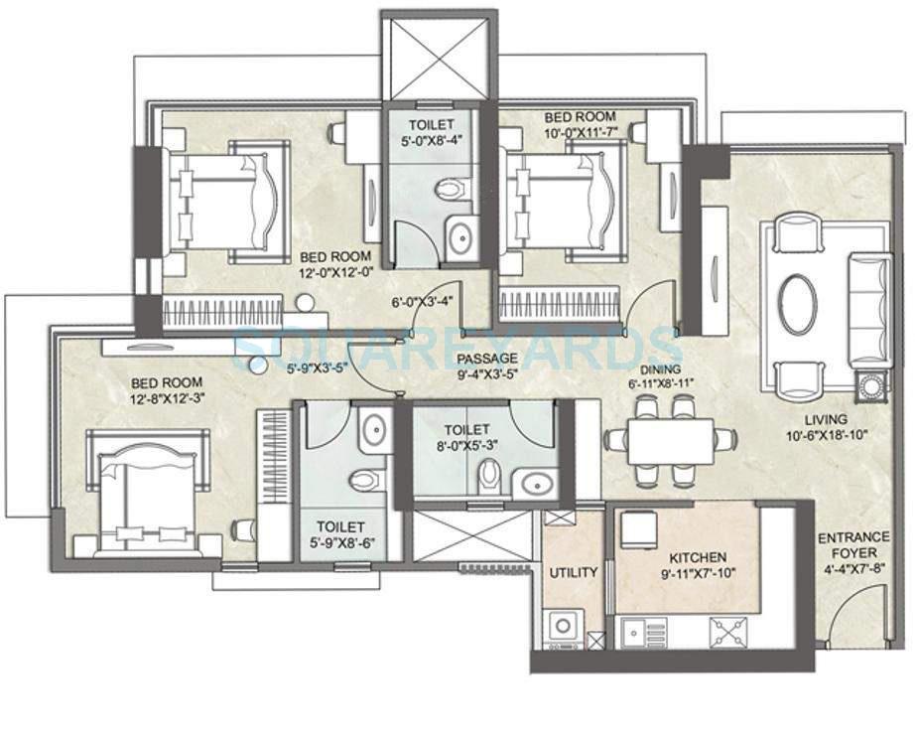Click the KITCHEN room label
(x=697, y=557)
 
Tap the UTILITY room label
(x=573, y=572)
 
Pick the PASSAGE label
(x=487, y=358)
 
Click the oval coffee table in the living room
(x=797, y=304)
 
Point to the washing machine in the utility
(x=565, y=627)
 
